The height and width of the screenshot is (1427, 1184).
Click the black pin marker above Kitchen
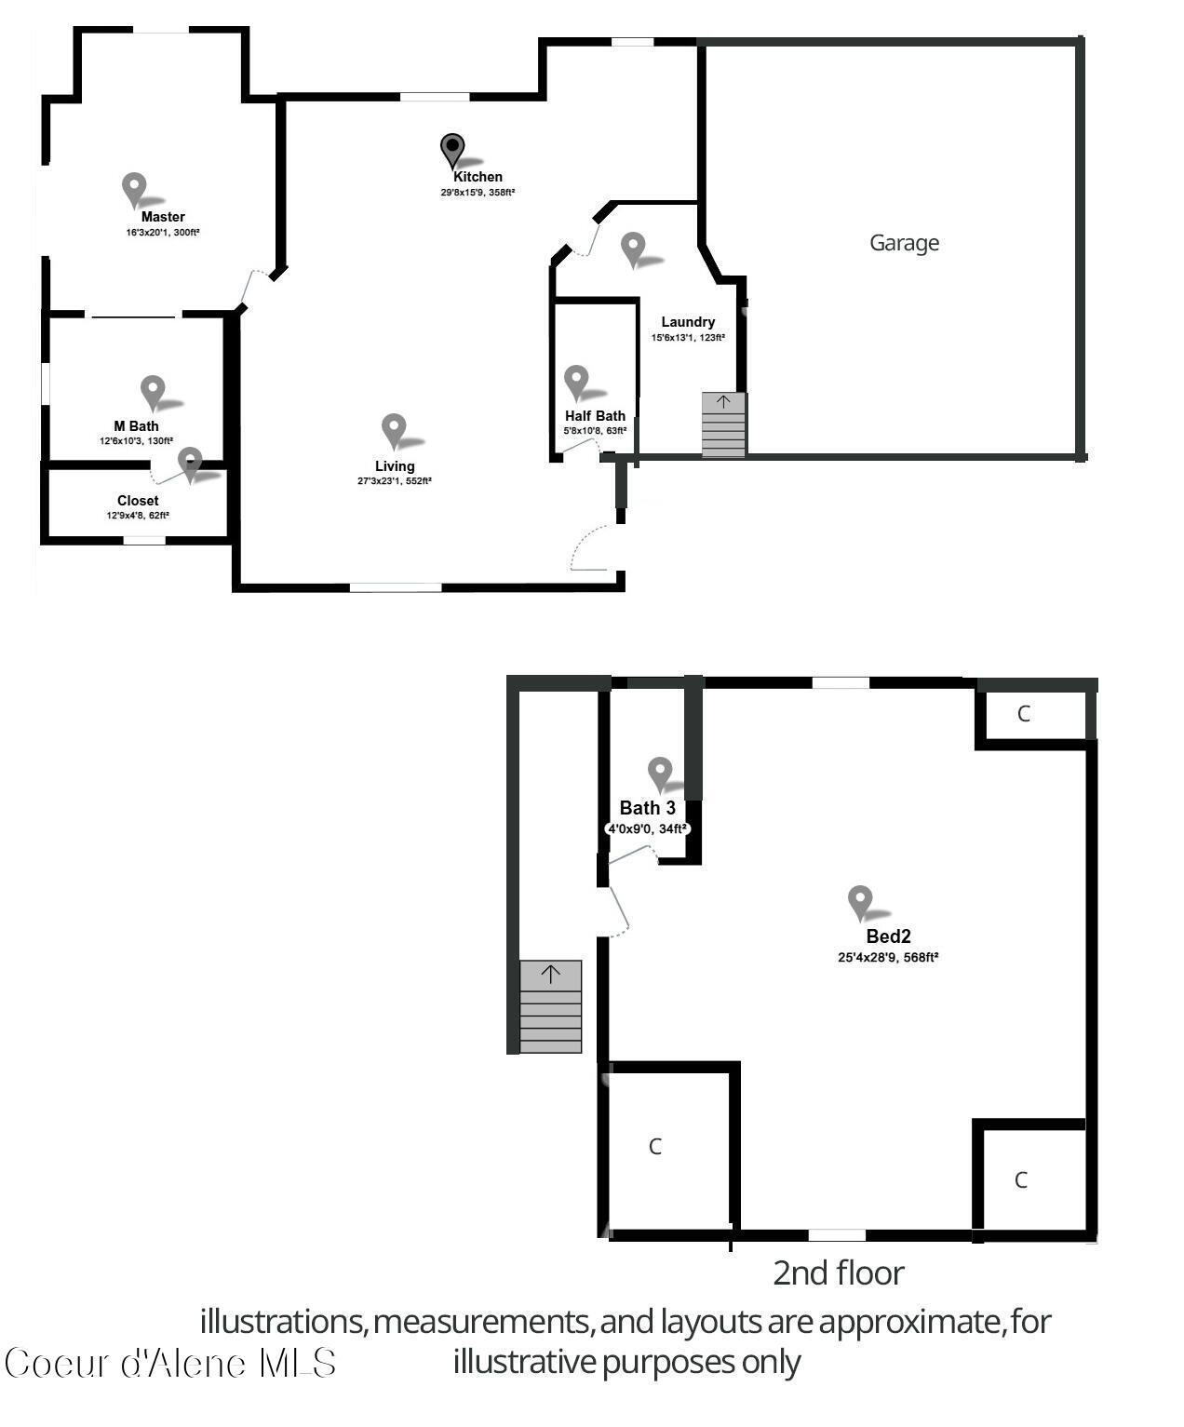[452, 149]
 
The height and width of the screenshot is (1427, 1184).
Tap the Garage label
[904, 243]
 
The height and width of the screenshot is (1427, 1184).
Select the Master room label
[163, 217]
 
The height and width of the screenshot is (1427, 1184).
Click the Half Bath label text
[595, 416]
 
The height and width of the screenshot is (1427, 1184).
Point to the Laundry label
[688, 322]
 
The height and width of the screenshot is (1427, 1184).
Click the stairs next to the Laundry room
[723, 425]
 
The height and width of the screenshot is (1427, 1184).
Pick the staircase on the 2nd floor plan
[550, 1007]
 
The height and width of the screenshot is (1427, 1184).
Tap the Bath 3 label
[647, 808]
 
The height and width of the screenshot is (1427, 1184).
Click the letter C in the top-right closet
[1024, 714]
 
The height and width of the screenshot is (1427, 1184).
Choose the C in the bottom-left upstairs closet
[655, 1147]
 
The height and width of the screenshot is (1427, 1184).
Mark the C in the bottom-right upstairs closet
[1021, 1180]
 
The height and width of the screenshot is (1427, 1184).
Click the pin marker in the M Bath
[153, 391]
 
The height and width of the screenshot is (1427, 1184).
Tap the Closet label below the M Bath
[138, 501]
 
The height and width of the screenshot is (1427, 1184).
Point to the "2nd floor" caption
[838, 1272]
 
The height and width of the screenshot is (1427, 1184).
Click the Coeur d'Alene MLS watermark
[170, 1364]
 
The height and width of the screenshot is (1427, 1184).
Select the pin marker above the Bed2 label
[860, 901]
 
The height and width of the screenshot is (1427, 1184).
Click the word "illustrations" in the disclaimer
[283, 1321]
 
